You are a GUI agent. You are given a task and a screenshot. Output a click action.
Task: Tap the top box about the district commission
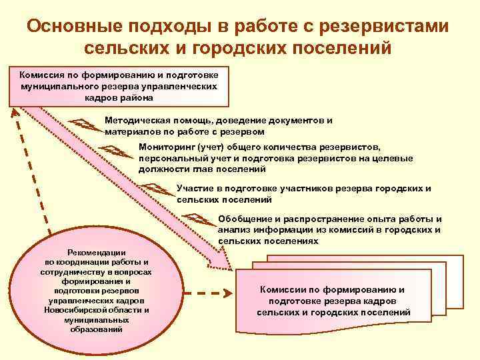coord(119,86)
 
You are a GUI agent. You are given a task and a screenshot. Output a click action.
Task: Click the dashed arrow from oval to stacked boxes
coord(206,293)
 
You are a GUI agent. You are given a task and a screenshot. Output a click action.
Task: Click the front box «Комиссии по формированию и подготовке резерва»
coord(333,301)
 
